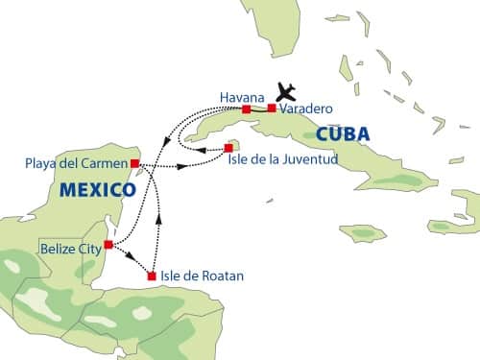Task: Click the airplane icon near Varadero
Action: click(x=285, y=91)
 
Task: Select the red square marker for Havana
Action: click(x=247, y=109)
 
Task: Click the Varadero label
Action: click(x=306, y=110)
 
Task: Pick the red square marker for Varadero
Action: click(x=272, y=108)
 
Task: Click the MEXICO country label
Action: click(x=96, y=190)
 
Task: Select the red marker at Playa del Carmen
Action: click(x=135, y=163)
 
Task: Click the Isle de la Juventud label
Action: click(x=282, y=158)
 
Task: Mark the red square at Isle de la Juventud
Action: click(x=228, y=148)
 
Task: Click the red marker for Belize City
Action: click(x=108, y=245)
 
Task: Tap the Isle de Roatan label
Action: click(x=203, y=276)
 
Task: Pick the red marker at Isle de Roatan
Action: click(x=152, y=276)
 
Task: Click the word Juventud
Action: click(x=309, y=158)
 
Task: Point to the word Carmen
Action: click(x=105, y=163)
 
